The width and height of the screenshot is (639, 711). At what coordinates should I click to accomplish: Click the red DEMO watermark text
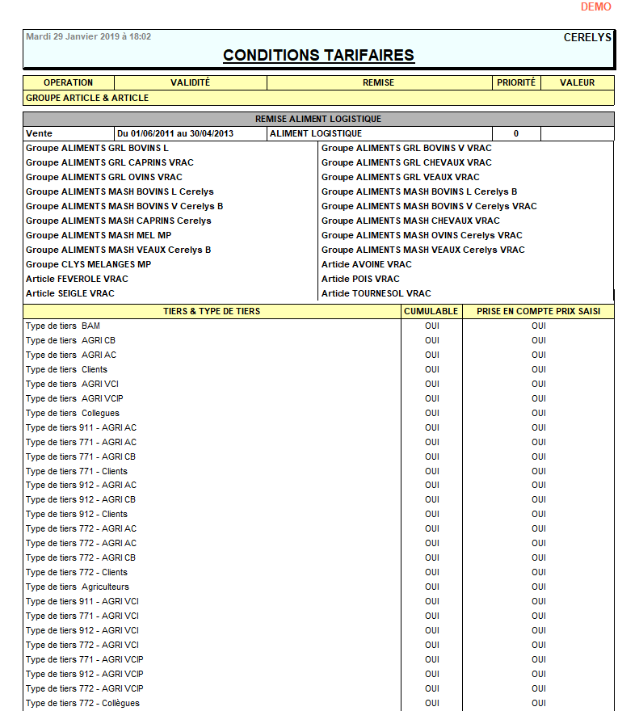click(x=595, y=7)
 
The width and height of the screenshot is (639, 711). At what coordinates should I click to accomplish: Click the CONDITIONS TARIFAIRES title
click(x=318, y=56)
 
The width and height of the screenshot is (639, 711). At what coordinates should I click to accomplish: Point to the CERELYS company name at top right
click(x=587, y=37)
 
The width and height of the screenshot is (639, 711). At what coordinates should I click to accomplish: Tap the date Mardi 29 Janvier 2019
click(x=88, y=37)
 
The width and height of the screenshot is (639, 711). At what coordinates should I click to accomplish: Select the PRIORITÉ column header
click(x=515, y=82)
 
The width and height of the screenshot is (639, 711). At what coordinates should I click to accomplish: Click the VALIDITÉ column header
click(x=190, y=82)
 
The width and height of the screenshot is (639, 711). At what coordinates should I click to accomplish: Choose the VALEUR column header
click(x=577, y=82)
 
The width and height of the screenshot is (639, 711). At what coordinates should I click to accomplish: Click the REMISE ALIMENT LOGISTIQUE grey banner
click(x=318, y=119)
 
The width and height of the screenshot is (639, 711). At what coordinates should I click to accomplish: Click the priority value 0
click(x=515, y=133)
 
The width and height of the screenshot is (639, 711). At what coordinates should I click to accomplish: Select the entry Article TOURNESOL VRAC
click(x=376, y=293)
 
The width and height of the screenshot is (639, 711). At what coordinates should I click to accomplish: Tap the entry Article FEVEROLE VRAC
click(x=77, y=279)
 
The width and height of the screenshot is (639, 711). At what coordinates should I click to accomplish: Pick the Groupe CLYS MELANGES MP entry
click(x=88, y=264)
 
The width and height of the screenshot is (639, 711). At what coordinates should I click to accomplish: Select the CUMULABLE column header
click(x=431, y=311)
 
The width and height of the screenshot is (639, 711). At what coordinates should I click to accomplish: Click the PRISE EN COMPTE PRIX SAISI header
click(x=538, y=311)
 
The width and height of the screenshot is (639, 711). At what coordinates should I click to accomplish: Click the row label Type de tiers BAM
click(x=63, y=326)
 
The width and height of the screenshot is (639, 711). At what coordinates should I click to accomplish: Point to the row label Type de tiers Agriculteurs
click(x=77, y=587)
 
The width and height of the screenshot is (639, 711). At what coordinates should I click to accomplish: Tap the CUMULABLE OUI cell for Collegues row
click(x=432, y=413)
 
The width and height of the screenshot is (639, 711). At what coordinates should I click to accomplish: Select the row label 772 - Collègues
click(x=82, y=703)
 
